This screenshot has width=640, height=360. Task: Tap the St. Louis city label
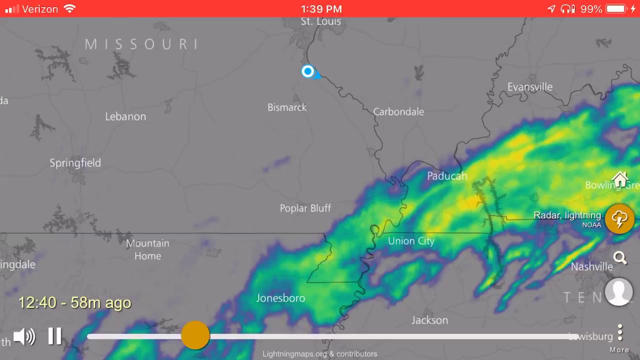click(320, 21)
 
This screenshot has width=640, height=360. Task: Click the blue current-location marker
click(307, 71)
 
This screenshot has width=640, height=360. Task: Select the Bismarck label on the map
click(287, 107)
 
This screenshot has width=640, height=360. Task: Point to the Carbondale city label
click(398, 112)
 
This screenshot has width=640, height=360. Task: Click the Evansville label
click(530, 87)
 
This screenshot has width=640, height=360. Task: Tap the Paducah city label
click(447, 176)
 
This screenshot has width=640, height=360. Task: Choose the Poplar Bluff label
click(305, 208)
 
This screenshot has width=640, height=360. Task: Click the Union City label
click(411, 241)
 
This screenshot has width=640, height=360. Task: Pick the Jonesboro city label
click(280, 298)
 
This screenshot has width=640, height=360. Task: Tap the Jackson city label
click(429, 320)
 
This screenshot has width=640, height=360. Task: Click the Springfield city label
click(75, 163)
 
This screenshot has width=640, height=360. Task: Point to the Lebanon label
click(125, 116)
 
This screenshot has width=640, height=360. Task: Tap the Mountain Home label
click(147, 249)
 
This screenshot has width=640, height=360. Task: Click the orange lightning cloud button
click(619, 219)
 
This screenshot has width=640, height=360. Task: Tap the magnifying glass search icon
click(620, 258)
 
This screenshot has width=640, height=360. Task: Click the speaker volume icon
click(24, 336)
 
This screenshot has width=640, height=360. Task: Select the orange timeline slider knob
click(195, 335)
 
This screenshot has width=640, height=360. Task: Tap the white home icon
click(620, 179)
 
